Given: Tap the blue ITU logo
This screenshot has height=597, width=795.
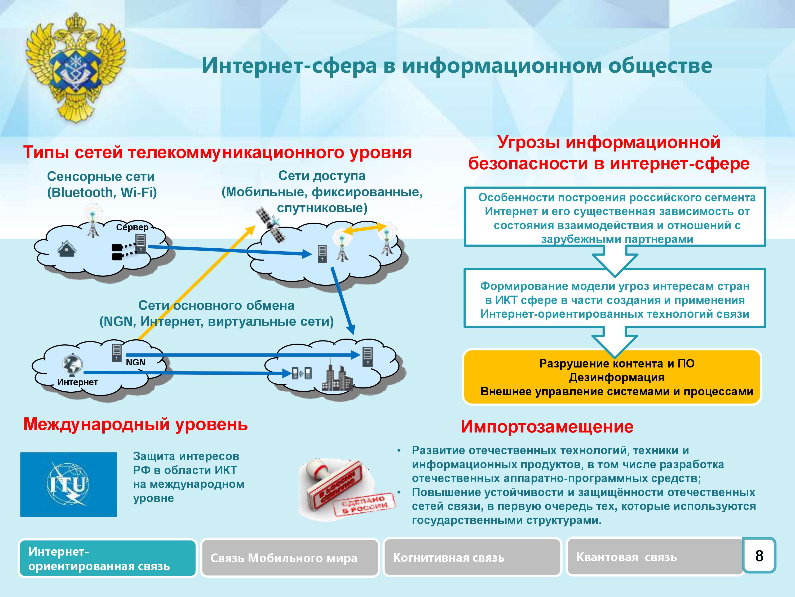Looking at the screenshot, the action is [x=68, y=484].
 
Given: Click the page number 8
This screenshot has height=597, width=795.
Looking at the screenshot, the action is [x=759, y=556].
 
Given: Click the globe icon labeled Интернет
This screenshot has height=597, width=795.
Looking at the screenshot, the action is [x=73, y=365].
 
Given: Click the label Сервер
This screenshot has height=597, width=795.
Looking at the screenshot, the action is [x=132, y=227].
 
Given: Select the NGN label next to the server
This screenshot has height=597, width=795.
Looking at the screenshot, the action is [x=135, y=362].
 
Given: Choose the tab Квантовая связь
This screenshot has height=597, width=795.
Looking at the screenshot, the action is [x=655, y=557].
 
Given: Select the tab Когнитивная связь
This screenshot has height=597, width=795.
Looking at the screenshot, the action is [x=472, y=557].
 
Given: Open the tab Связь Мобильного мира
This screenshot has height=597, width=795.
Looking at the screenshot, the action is [x=290, y=558].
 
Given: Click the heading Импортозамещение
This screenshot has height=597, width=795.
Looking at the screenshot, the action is [x=547, y=427].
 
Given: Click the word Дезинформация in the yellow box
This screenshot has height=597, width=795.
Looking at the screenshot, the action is [x=616, y=378].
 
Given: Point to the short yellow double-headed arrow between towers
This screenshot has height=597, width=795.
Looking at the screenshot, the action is [x=364, y=229].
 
